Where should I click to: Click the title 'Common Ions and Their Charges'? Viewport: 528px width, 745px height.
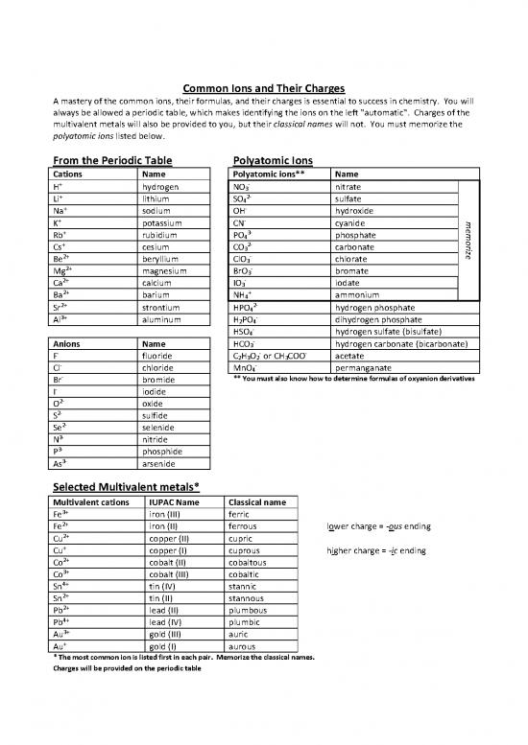(x=264, y=89)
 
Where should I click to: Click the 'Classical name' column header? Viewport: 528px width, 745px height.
(x=260, y=501)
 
